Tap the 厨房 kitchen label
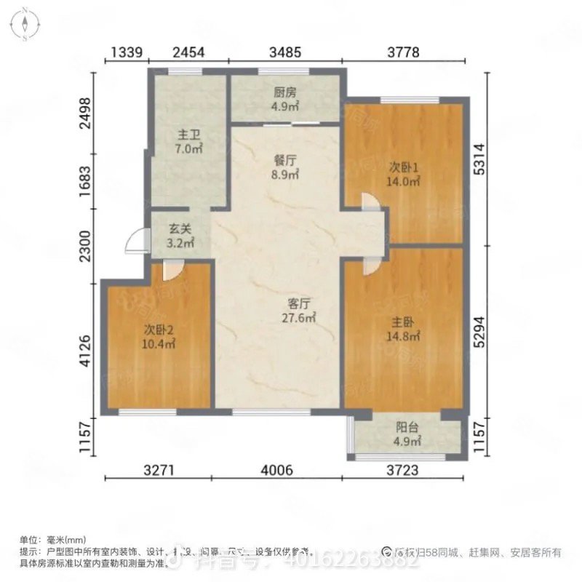(285, 92)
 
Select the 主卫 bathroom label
(185, 135)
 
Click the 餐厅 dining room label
(285, 162)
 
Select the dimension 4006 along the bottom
(278, 471)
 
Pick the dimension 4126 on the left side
(87, 351)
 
